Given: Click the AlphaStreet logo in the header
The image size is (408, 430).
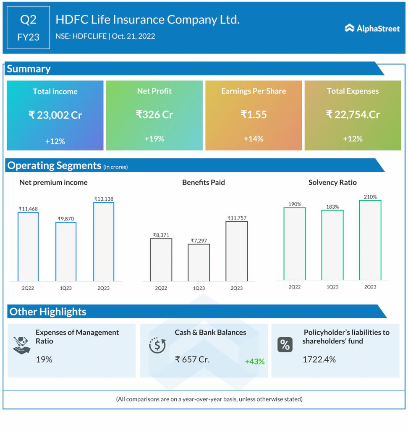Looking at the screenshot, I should [372, 28].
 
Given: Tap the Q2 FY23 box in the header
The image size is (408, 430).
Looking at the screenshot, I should [29, 28].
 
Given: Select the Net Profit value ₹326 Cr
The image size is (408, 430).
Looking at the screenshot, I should [154, 114].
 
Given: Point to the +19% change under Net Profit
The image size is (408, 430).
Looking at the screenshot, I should [154, 139].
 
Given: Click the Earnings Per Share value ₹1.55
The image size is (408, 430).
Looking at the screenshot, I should [253, 114].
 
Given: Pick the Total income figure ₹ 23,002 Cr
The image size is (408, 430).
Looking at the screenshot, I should [55, 115].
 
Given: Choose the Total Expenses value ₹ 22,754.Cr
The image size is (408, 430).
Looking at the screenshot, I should [353, 114].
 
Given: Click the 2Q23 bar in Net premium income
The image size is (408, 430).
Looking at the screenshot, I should [104, 242].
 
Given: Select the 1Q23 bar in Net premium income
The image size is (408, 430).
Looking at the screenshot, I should [66, 252].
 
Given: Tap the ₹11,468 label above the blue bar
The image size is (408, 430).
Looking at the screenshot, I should [28, 208].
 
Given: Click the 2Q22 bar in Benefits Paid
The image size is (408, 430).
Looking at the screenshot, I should [161, 260].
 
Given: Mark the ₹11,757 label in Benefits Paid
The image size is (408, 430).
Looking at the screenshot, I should [237, 218].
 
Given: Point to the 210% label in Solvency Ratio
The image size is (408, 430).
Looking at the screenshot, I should [370, 197].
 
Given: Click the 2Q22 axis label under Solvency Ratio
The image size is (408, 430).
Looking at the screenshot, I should [295, 287].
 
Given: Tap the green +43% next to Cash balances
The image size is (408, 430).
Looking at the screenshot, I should [255, 361].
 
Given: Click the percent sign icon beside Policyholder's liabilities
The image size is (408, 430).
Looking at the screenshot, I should [285, 345].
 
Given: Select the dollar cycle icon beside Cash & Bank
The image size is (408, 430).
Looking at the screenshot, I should [157, 346].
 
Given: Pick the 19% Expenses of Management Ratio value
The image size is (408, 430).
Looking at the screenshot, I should [44, 359].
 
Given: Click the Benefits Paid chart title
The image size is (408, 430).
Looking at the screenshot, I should [204, 182].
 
